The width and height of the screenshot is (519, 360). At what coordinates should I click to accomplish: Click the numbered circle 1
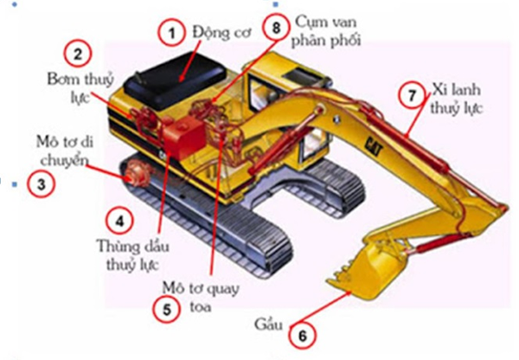point(171,34)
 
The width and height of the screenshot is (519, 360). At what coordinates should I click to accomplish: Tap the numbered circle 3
point(39,183)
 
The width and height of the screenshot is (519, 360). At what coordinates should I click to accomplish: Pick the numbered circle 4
point(119,220)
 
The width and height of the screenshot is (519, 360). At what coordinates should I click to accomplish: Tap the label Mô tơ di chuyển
point(58,151)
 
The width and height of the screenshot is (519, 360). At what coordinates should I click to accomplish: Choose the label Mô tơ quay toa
point(198,295)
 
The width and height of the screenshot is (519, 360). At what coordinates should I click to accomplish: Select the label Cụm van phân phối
point(327,29)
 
